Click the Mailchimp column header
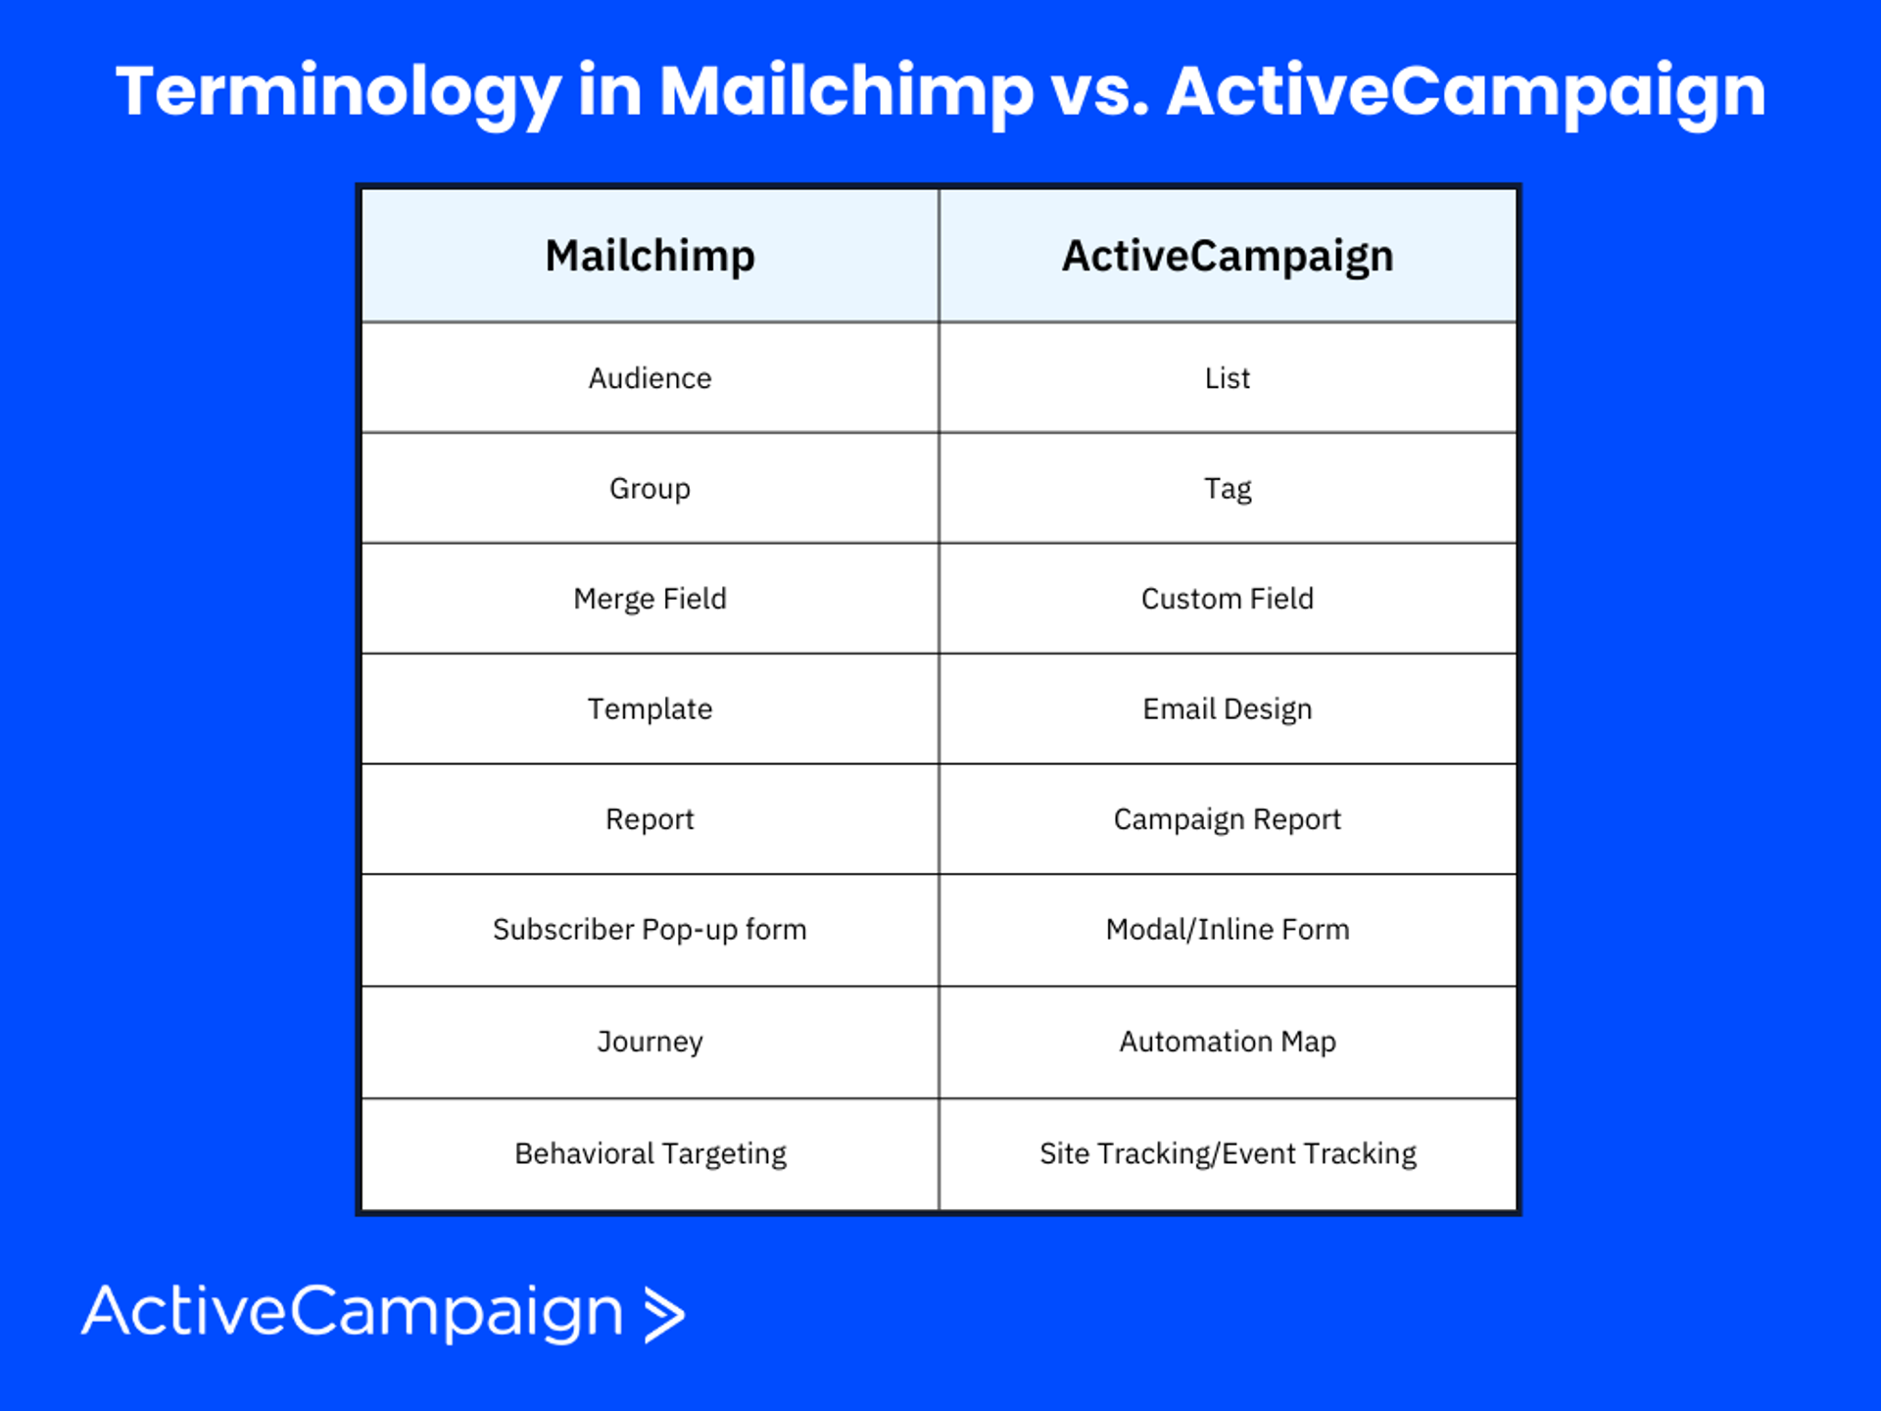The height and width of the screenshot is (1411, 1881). click(x=651, y=257)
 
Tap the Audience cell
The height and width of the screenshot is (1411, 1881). click(x=651, y=378)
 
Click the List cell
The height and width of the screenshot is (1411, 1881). click(x=1228, y=378)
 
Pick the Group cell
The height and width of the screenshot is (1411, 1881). click(x=651, y=489)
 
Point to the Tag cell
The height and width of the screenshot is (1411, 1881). click(x=1228, y=489)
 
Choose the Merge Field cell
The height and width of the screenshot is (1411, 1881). click(x=651, y=599)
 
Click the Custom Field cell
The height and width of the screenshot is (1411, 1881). click(x=1228, y=599)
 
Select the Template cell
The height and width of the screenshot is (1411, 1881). click(x=651, y=709)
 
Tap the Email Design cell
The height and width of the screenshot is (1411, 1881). click(x=1228, y=709)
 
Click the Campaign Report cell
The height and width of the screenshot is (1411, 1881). click(x=1228, y=819)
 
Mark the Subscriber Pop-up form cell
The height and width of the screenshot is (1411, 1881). click(x=651, y=930)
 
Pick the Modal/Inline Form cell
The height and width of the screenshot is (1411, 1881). click(x=1228, y=929)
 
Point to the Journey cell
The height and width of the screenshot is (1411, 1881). click(x=651, y=1042)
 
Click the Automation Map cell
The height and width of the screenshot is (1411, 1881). click(x=1228, y=1042)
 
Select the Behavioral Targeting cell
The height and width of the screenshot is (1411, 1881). click(x=651, y=1154)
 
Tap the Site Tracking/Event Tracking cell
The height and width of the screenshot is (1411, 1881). click(x=1228, y=1154)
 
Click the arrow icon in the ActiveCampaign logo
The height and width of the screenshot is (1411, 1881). click(x=664, y=1314)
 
